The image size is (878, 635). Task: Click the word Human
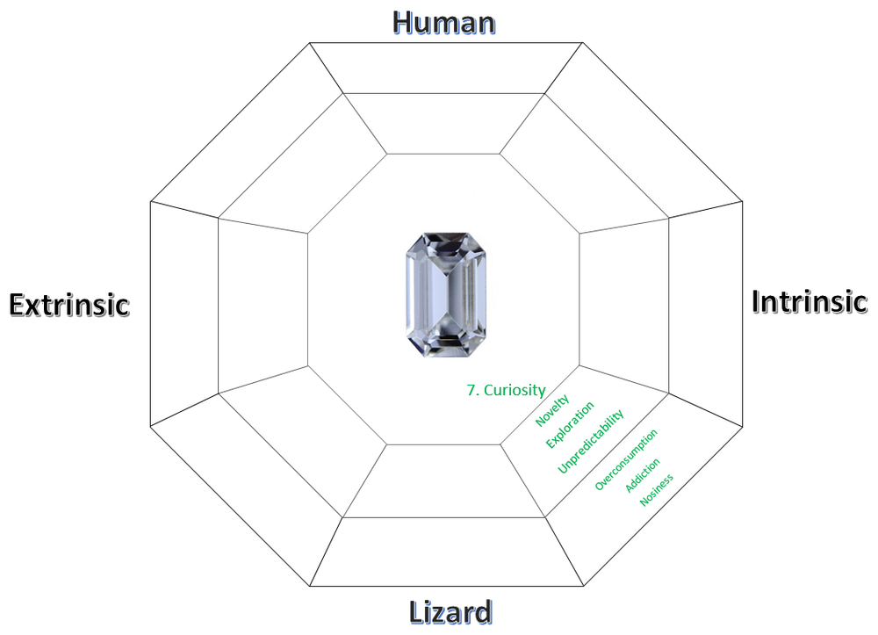[444, 23]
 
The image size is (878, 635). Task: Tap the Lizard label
[450, 611]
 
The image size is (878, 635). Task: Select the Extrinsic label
[69, 305]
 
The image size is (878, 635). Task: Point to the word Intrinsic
[810, 300]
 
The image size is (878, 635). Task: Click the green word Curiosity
[515, 390]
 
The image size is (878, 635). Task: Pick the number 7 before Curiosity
[473, 390]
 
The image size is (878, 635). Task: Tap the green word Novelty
[552, 410]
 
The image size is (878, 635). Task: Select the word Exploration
[570, 425]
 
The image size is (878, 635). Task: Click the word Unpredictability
[591, 442]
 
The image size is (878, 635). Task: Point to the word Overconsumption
[626, 460]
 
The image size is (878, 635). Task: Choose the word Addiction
[643, 475]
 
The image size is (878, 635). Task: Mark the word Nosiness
[656, 491]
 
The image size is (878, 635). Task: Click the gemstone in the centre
[446, 295]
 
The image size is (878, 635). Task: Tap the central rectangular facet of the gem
[446, 295]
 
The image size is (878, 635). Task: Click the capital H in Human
[403, 23]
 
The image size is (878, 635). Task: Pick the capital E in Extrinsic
[18, 305]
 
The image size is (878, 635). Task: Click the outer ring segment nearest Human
[446, 68]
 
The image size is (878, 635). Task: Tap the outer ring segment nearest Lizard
[446, 552]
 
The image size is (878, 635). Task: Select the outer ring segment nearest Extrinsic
[184, 314]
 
